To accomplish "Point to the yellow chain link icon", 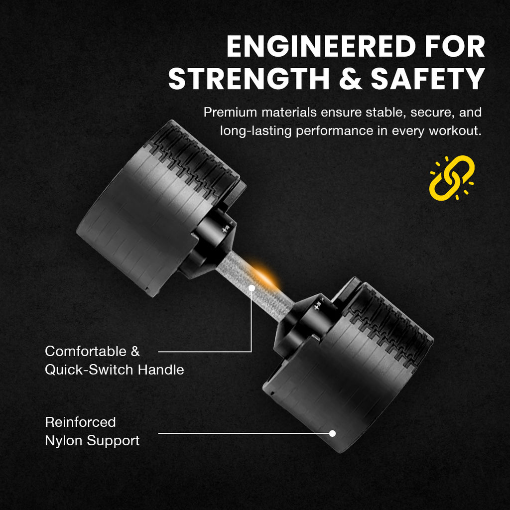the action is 451,178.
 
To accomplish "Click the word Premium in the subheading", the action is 230,113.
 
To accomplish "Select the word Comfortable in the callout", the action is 86,351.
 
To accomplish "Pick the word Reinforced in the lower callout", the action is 80,422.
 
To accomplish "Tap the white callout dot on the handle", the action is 252,288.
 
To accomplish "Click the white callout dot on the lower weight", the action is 332,433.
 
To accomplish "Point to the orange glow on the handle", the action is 265,274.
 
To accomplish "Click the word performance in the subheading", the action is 335,131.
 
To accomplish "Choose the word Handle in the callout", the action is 161,370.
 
